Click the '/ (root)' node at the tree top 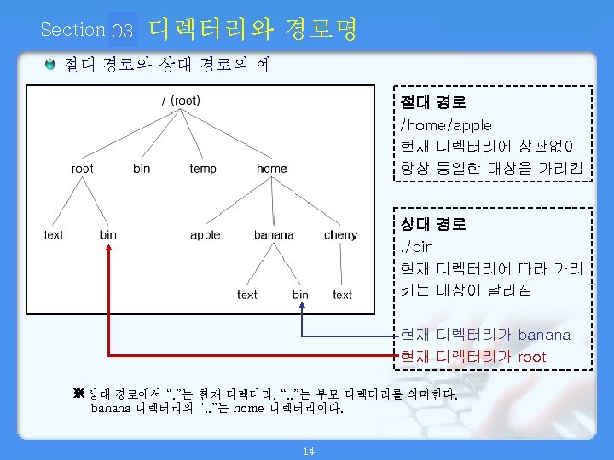tap(181, 101)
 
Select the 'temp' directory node tap(203, 169)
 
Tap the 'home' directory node tap(272, 169)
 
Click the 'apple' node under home tap(206, 235)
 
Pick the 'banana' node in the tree tap(274, 235)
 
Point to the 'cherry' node tap(340, 235)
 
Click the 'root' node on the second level tap(83, 169)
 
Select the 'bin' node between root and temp tap(142, 169)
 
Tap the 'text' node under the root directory tap(54, 235)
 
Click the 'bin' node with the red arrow tap(108, 235)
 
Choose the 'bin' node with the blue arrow tap(300, 295)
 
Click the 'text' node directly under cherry tap(342, 295)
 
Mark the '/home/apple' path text tap(446, 125)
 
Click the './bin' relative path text tap(417, 247)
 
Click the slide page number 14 tap(309, 451)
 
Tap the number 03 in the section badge tap(123, 32)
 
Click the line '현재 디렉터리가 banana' tap(485, 335)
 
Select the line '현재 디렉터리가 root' tap(473, 357)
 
